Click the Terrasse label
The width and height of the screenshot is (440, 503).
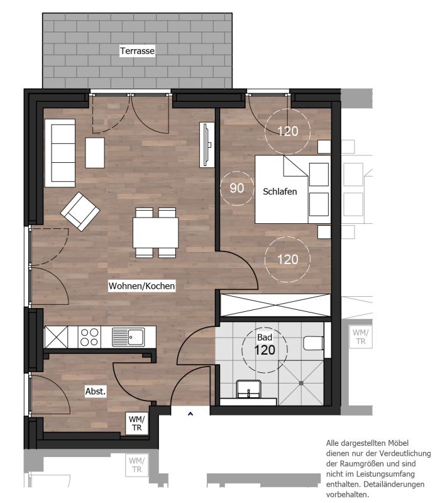pos(137,51)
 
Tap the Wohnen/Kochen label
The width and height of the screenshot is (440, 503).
pos(142,285)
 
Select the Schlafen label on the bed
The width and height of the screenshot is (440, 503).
pos(280,192)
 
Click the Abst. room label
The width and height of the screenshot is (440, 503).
pos(96,391)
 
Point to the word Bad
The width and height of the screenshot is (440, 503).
pos(265,337)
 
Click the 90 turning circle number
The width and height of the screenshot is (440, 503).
pos(237,188)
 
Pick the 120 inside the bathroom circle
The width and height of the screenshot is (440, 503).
pos(265,350)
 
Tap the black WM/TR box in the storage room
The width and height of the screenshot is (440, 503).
pos(137,423)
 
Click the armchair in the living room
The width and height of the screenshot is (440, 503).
pos(80,211)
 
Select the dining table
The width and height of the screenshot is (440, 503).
pos(155,233)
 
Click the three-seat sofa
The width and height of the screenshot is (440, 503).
pos(60,153)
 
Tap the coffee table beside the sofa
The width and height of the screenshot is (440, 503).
pos(95,153)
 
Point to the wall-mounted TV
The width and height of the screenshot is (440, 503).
pos(207,145)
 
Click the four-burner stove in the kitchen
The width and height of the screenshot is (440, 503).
pos(89,337)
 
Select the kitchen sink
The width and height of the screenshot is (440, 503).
pos(128,337)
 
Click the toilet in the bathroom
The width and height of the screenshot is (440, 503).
pos(313,343)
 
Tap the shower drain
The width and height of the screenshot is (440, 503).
pos(301,383)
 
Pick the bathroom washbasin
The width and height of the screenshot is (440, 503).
pos(248,389)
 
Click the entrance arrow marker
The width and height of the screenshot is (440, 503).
pos(190,414)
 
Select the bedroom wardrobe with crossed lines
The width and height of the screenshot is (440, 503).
pos(275,305)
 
